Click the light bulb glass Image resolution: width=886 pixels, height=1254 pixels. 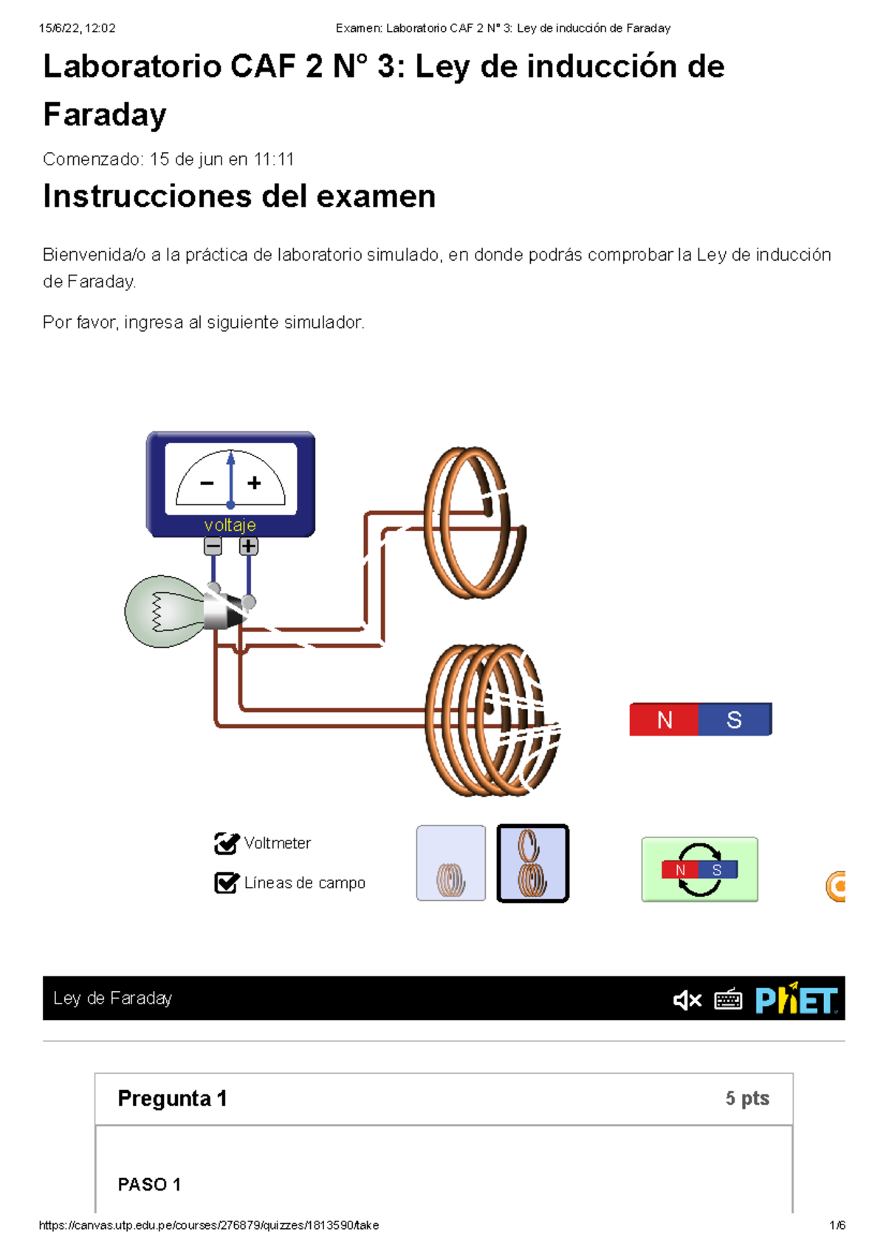162,611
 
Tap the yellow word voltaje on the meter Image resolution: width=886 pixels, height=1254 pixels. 230,525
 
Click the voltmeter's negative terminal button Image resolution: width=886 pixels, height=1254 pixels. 213,547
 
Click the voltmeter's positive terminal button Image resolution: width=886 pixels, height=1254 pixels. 249,547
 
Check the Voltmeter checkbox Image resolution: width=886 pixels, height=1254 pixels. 225,843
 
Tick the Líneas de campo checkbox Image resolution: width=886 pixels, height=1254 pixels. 225,883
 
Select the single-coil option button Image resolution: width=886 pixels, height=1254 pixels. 451,863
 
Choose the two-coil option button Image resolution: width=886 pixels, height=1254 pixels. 532,863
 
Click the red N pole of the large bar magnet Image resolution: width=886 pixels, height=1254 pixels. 664,720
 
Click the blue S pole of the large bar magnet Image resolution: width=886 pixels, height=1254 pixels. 735,720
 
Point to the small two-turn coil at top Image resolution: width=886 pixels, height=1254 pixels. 473,522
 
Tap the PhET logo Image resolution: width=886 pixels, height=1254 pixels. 796,1000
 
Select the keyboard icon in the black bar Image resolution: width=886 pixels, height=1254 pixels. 728,1000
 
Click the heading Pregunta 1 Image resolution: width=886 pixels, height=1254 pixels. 172,1099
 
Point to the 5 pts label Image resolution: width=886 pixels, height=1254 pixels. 747,1099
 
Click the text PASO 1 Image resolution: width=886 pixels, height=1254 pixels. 149,1185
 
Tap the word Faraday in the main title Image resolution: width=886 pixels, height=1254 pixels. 105,115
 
